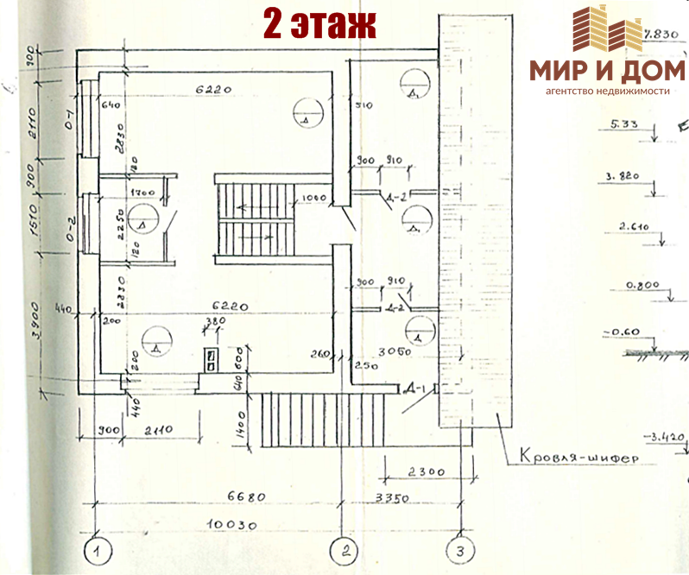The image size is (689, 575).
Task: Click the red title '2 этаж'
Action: tap(319, 24)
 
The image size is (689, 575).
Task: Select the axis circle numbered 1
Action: tap(99, 550)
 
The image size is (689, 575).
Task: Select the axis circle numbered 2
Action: tap(346, 550)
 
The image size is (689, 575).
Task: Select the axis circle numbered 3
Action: tap(460, 550)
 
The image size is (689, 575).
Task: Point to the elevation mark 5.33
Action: tap(623, 125)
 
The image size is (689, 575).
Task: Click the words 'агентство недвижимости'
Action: tap(607, 91)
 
